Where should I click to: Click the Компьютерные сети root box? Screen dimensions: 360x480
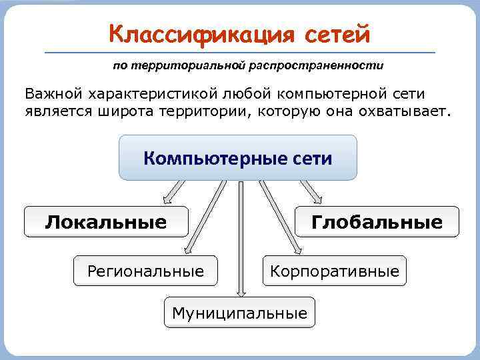[238, 158]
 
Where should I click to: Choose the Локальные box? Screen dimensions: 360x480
[106, 222]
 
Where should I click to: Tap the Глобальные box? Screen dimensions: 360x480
[377, 222]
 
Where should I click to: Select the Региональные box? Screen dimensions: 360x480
[145, 271]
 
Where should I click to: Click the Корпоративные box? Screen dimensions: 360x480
[334, 271]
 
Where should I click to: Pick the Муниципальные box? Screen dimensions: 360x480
[239, 312]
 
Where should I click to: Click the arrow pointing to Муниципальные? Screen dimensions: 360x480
[241, 240]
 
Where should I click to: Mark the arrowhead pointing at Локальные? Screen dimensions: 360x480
[166, 199]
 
